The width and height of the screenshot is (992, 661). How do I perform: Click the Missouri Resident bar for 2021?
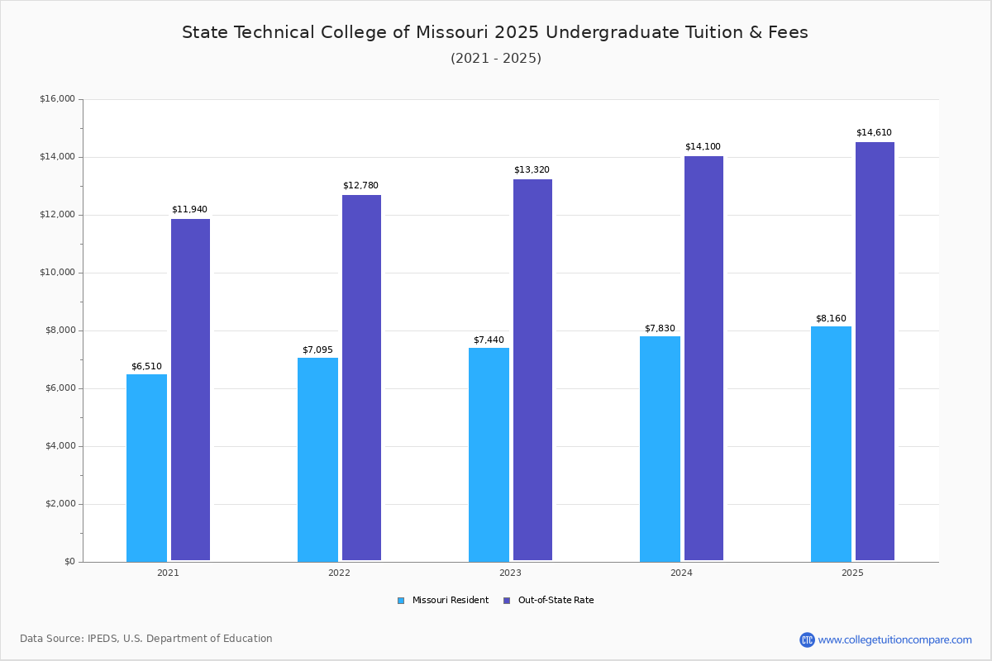click(x=146, y=468)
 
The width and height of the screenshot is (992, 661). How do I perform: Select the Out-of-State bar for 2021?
click(x=190, y=390)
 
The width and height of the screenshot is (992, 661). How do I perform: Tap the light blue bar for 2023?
click(x=489, y=454)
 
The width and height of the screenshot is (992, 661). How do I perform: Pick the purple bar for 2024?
click(x=703, y=359)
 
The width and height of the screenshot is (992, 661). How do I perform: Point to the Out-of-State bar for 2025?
click(x=875, y=351)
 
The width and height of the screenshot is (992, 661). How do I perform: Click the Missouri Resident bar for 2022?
click(x=317, y=459)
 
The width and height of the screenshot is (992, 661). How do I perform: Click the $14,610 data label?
click(x=874, y=133)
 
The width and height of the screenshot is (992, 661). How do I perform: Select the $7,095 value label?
click(x=317, y=350)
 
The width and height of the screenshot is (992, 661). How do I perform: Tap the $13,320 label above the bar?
click(x=532, y=170)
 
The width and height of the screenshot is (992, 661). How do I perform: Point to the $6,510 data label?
click(x=146, y=367)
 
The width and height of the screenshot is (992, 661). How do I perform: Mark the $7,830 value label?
click(x=660, y=329)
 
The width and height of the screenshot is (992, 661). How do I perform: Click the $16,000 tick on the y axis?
click(x=57, y=99)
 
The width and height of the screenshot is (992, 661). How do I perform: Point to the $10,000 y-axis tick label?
click(x=57, y=273)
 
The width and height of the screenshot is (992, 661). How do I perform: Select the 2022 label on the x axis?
click(x=339, y=573)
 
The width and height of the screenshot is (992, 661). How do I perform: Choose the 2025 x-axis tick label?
click(x=852, y=573)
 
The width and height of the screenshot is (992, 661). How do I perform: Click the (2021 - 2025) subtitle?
click(x=496, y=59)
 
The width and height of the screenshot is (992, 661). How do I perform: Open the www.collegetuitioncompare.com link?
click(x=894, y=640)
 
